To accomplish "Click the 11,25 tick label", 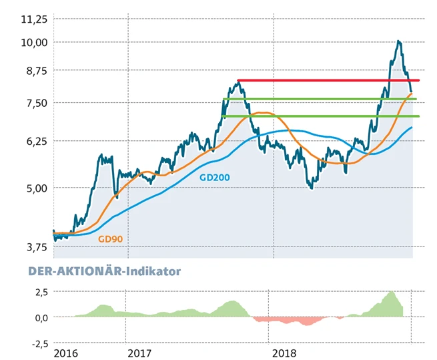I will (34, 19).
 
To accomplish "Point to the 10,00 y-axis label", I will (34, 42).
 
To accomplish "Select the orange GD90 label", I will (111, 238).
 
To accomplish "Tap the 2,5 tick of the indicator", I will (39, 292).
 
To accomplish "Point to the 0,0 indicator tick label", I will (39, 317).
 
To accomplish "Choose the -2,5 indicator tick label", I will (37, 343).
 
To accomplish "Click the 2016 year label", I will (65, 352).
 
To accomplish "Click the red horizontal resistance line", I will (327, 81).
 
